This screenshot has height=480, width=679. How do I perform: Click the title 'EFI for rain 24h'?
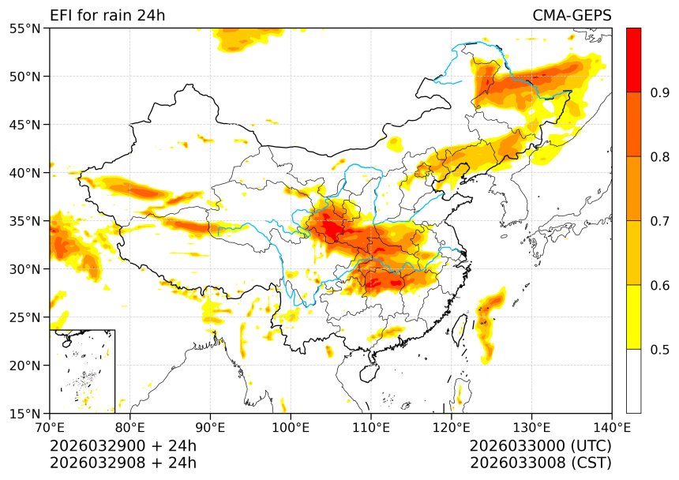[107, 16]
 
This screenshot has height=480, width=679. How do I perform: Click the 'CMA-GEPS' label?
[572, 16]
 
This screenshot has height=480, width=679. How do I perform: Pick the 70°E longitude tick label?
[50, 428]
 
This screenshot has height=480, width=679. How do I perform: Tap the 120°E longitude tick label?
[451, 428]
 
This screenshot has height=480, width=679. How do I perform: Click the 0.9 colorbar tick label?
[659, 93]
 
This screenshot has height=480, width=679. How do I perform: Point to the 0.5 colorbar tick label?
[659, 350]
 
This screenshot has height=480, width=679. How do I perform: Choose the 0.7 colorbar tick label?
[659, 221]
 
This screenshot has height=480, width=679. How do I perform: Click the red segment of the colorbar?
[633, 60]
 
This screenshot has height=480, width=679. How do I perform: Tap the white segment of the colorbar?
[633, 381]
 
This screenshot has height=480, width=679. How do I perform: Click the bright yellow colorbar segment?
[633, 317]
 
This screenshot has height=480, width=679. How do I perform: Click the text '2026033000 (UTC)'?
[540, 446]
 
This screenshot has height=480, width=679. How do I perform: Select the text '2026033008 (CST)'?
[540, 463]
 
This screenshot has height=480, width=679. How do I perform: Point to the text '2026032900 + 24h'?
[123, 446]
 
